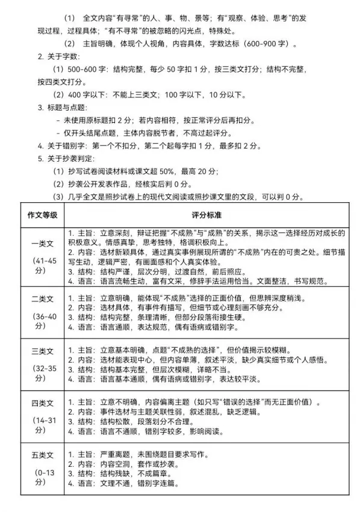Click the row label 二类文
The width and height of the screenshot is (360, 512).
pos(42,298)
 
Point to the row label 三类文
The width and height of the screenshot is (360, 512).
pos(42,350)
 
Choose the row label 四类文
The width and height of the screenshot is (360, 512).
pos(42,403)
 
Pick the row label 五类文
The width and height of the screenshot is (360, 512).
pos(42,454)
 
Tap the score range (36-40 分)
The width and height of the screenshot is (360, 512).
pos(42,319)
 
